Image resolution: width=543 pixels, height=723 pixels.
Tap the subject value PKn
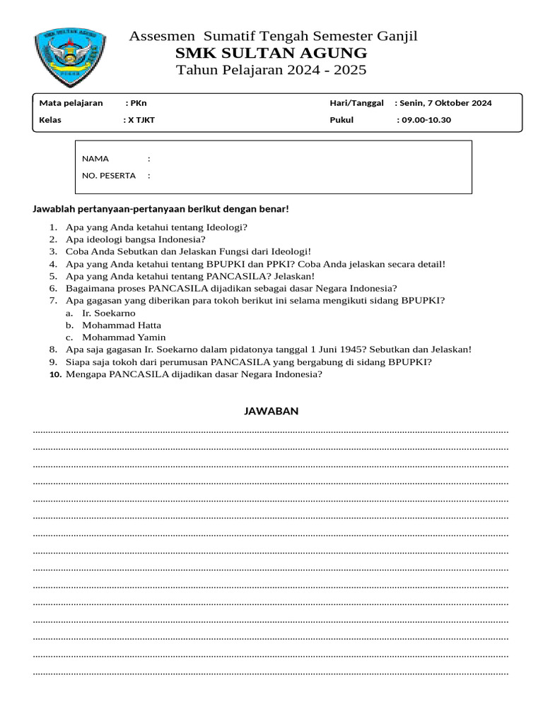139,103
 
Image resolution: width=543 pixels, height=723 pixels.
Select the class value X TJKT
141,120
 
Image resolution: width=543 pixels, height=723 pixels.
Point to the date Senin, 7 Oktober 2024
445,103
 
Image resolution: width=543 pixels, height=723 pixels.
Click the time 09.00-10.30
426,120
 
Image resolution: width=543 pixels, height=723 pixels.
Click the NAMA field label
95,159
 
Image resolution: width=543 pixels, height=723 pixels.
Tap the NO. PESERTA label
108,176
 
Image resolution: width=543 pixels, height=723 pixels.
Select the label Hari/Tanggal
356,103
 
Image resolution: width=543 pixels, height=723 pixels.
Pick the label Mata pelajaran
71,103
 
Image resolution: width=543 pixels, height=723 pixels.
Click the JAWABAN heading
271,411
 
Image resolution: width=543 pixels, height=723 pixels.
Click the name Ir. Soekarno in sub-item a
109,313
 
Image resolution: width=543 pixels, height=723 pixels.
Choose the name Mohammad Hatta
122,325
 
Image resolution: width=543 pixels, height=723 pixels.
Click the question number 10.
56,375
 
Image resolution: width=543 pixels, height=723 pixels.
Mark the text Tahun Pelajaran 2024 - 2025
271,70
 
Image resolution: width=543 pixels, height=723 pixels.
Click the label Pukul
341,120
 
